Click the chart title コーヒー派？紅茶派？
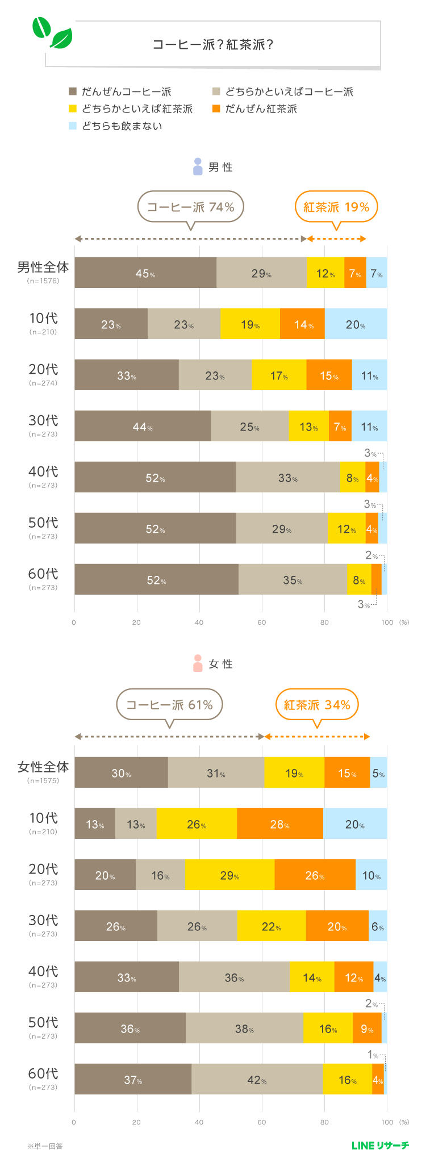tap(213, 45)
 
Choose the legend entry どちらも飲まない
tap(116, 126)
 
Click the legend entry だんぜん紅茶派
tap(255, 109)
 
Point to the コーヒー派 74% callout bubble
tap(190, 207)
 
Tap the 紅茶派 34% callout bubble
tap(317, 705)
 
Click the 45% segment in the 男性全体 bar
tap(145, 273)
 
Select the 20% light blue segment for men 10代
tap(356, 324)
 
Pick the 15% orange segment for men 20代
tap(329, 375)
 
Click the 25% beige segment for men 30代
tap(249, 427)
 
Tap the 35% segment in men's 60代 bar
tap(293, 580)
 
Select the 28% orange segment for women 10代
tap(280, 824)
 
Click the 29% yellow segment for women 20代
tap(229, 875)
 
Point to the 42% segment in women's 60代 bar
tap(257, 1080)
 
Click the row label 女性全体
tap(43, 767)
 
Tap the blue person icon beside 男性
tap(198, 166)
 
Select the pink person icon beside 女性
tap(198, 663)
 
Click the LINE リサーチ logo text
tap(380, 1145)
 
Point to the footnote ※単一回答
tap(45, 1146)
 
